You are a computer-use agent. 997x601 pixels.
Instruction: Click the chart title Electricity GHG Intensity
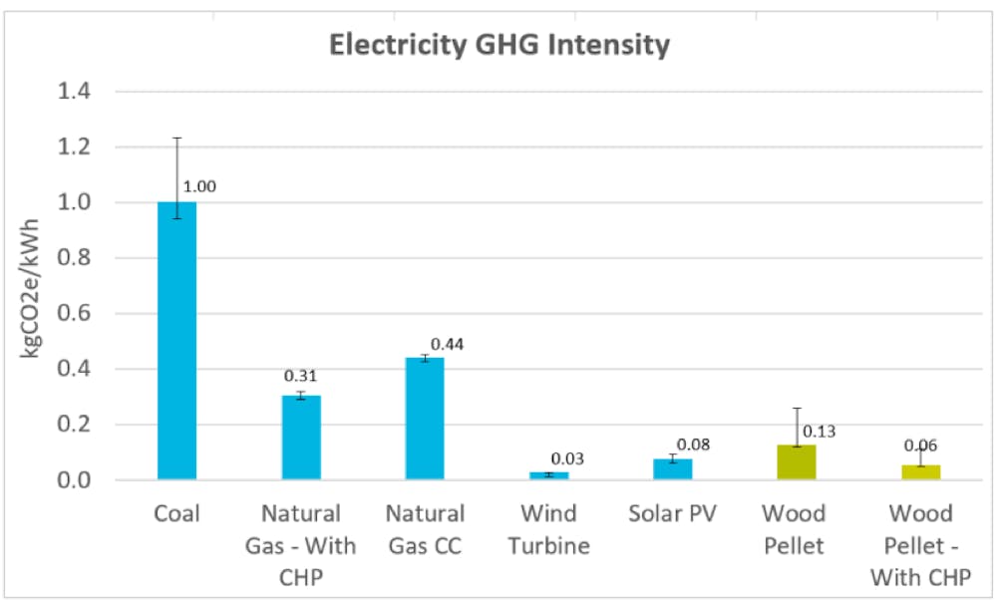click(499, 45)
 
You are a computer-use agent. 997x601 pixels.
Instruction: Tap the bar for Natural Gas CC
click(424, 419)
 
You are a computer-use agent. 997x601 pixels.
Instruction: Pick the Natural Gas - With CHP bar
click(300, 438)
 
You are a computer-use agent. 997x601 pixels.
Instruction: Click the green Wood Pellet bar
click(796, 461)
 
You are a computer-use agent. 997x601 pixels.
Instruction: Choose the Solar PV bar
click(672, 469)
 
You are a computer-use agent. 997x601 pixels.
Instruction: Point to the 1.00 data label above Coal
click(199, 186)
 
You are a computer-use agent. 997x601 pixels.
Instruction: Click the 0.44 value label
click(447, 344)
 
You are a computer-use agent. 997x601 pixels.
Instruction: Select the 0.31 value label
click(301, 376)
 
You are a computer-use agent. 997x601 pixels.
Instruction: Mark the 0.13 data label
click(819, 432)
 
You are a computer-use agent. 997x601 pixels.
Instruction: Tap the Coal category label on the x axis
click(176, 514)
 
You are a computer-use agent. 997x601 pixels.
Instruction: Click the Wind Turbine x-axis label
click(547, 529)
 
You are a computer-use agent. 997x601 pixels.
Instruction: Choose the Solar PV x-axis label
click(672, 514)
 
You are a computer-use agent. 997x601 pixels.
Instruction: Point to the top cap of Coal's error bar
click(176, 138)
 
